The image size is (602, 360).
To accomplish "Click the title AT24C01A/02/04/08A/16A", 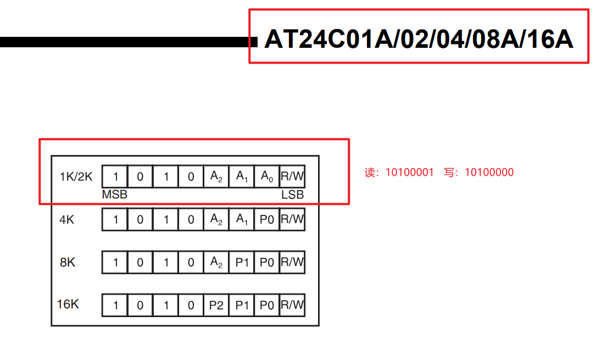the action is click(419, 39).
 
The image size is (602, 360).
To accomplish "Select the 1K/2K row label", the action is click(76, 176).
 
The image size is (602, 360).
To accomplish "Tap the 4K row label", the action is click(66, 219).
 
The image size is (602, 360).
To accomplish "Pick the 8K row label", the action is click(68, 262).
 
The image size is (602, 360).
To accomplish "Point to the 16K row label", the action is click(68, 304).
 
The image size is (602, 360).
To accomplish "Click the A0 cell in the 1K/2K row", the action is click(266, 176).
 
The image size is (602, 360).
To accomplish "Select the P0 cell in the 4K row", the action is click(266, 219).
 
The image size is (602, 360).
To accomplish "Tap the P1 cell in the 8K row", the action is click(242, 262).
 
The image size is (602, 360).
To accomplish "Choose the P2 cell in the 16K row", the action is click(216, 305).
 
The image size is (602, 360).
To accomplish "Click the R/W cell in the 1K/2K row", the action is click(292, 176).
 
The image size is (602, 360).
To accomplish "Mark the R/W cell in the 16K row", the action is click(292, 305).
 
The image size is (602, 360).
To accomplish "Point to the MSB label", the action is click(114, 195).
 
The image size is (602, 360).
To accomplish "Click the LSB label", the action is click(292, 195).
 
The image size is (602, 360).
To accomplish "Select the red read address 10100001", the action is click(409, 173).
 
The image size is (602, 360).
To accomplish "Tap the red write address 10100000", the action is click(489, 173).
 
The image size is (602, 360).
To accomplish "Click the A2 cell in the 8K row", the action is click(216, 262).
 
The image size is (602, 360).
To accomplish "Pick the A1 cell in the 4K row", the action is click(242, 219).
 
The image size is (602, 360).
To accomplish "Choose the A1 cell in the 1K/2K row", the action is click(242, 176).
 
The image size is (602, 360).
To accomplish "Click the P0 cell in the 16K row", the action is click(266, 305).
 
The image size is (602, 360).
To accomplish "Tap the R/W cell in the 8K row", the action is click(292, 262).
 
